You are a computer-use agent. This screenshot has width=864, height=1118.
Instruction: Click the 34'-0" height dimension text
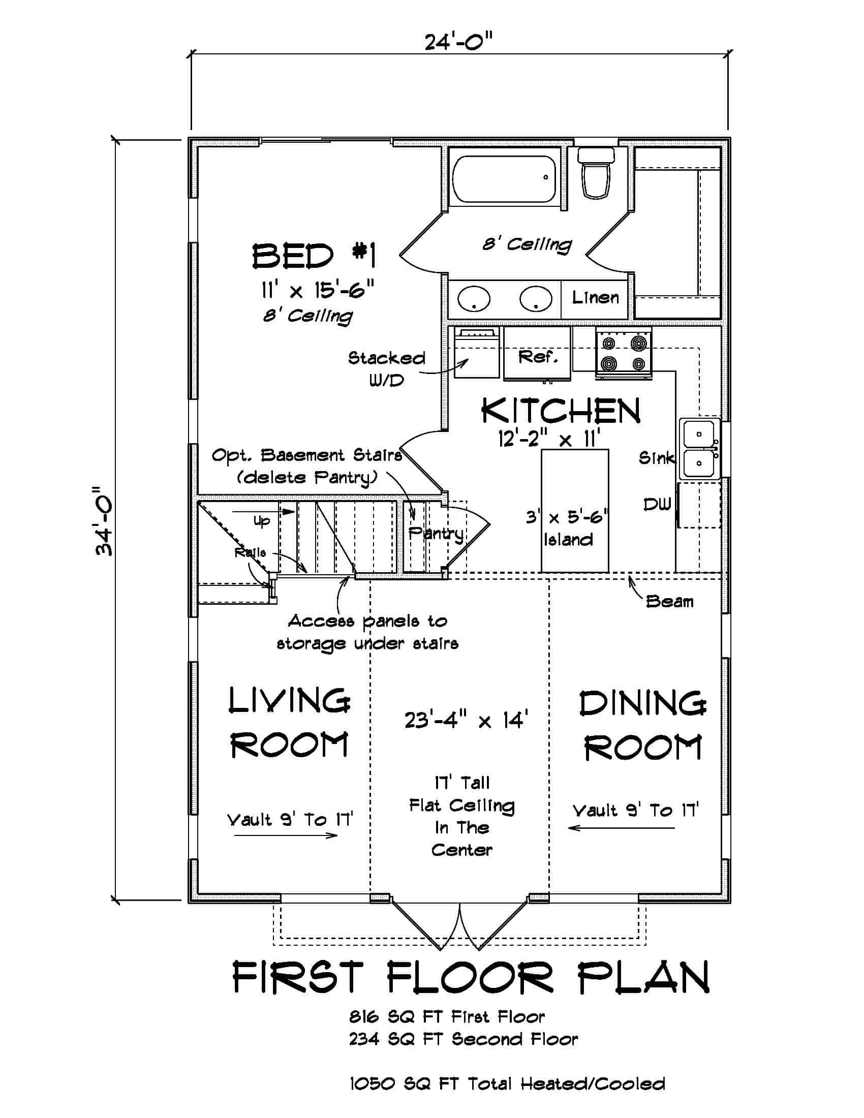click(x=106, y=520)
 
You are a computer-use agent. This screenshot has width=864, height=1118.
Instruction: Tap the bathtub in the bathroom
click(x=504, y=179)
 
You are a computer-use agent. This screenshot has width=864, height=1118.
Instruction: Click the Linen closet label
click(x=595, y=297)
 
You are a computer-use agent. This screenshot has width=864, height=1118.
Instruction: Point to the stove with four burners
click(x=624, y=353)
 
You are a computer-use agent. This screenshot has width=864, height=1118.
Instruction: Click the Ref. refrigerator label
click(x=537, y=357)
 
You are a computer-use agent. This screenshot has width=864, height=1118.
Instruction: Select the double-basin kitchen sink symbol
click(x=699, y=449)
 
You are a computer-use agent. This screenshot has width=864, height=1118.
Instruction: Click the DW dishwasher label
click(x=657, y=505)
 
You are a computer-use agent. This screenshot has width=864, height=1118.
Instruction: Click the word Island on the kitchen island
click(x=568, y=540)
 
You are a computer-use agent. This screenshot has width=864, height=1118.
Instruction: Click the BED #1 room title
click(x=314, y=257)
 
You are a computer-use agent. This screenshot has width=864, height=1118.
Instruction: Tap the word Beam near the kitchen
click(x=669, y=602)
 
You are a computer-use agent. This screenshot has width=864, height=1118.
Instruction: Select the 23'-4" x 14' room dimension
click(x=466, y=721)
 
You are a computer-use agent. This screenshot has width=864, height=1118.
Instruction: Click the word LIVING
click(x=289, y=701)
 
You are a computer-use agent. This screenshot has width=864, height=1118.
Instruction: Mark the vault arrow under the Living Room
click(x=286, y=836)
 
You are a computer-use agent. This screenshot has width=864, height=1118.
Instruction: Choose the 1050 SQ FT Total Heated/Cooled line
click(x=507, y=1084)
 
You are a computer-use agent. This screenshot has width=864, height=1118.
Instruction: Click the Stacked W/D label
click(x=386, y=368)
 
